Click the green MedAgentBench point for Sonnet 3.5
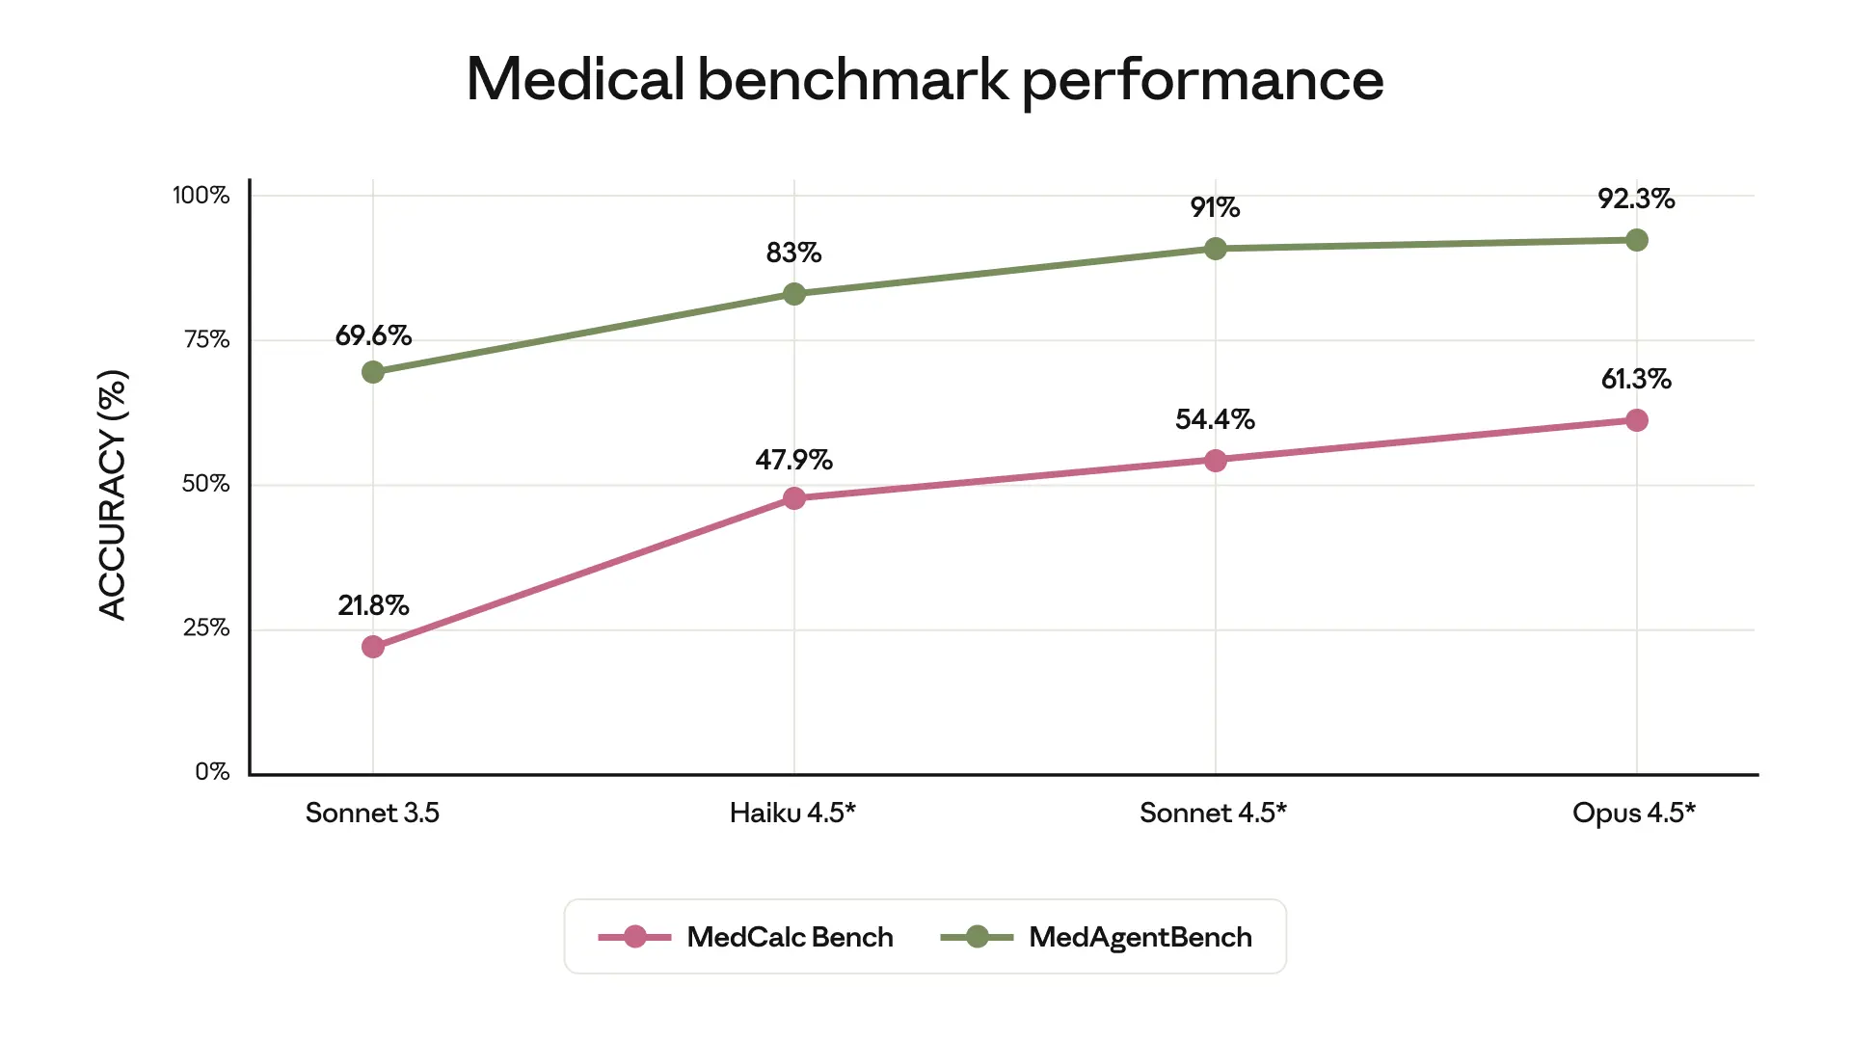point(373,372)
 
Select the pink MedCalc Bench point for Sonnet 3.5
point(373,647)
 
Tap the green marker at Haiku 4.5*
point(794,294)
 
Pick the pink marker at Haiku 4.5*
point(794,498)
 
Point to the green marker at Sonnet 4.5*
point(1216,249)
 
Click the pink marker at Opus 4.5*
point(1636,420)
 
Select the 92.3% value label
point(1636,199)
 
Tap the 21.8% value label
point(373,605)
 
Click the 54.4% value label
point(1215,419)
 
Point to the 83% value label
point(793,253)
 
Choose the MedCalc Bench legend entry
point(745,937)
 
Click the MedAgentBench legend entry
point(1096,937)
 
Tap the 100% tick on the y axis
point(201,196)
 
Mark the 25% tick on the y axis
point(206,628)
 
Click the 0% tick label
point(212,772)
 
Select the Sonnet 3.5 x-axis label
point(372,813)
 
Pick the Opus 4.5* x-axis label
point(1633,813)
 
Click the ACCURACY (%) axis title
point(113,494)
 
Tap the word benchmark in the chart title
point(852,79)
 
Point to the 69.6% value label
point(373,335)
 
